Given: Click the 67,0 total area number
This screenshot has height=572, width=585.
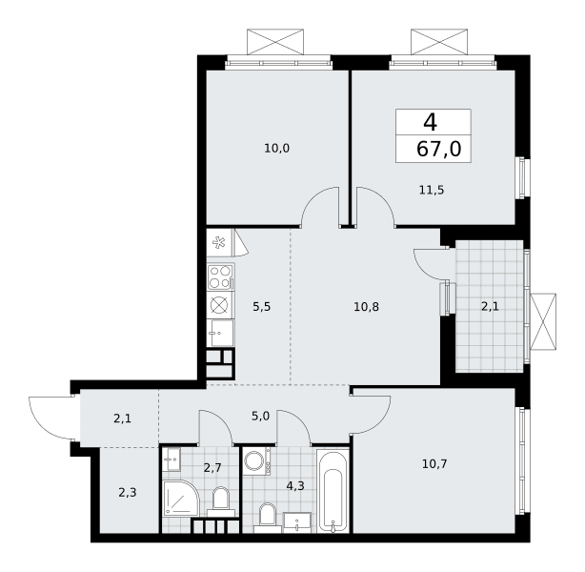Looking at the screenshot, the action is (438, 150).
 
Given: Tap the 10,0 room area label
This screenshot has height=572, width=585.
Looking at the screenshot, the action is (277, 149).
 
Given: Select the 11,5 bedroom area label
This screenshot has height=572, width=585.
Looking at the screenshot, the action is (432, 191).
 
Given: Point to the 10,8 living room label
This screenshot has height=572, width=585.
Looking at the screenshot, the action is (367, 307).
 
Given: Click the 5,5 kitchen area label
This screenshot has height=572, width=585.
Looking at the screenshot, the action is (261, 307).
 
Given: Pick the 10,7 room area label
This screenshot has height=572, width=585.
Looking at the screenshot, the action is (434, 464).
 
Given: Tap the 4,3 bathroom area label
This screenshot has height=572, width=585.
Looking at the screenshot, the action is (295, 486).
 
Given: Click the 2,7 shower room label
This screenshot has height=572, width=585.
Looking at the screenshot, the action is (212, 467).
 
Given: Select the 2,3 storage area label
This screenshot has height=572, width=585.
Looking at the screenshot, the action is (128, 493).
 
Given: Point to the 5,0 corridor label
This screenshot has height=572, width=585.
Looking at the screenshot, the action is (260, 416).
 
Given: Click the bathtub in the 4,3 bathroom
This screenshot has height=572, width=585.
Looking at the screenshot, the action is (333, 491).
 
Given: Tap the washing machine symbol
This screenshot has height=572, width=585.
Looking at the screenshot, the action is (257, 461).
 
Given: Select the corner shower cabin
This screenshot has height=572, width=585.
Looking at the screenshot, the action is (181, 498).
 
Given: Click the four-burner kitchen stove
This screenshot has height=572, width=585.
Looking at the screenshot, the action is (220, 276).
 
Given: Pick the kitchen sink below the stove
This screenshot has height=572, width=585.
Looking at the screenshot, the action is (220, 333).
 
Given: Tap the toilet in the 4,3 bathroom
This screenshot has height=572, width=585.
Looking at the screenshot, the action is (267, 518).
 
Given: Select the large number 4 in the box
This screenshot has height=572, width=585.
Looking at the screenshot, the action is (430, 122).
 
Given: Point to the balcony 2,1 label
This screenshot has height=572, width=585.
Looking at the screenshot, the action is (490, 307).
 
